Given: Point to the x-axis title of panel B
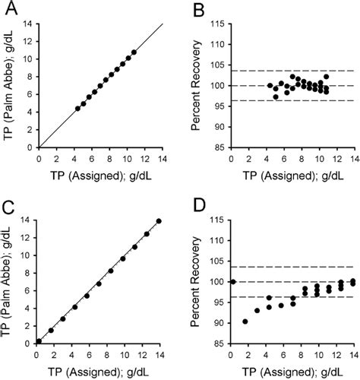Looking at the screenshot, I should pos(292,175).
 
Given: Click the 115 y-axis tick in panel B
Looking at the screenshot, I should pos(220,24).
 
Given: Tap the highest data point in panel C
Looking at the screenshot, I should pos(158,221).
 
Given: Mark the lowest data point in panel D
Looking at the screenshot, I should pos(245,321).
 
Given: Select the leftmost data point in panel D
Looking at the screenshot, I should pos(233,282).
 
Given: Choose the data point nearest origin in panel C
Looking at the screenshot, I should pos(39,341).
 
